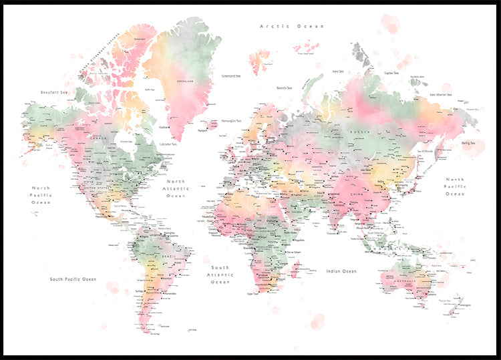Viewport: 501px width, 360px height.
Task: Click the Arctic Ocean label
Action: click(x=291, y=26)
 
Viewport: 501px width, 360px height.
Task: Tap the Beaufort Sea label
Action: click(x=55, y=92)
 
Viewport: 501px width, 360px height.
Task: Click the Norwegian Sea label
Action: click(x=230, y=122)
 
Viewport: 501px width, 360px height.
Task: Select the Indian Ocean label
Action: click(x=341, y=271)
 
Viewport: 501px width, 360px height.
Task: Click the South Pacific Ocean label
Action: click(x=73, y=279)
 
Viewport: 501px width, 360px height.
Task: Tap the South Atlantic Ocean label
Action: click(x=220, y=274)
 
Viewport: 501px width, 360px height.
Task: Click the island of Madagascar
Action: click(x=296, y=271)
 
